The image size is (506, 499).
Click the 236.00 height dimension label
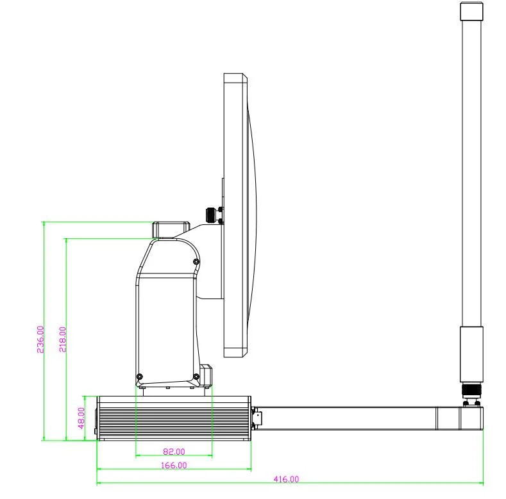(40, 339)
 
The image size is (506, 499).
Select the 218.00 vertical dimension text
(62, 339)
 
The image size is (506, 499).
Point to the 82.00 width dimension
(173, 452)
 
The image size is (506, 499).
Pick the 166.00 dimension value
(173, 466)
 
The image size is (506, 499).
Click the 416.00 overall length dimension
(287, 479)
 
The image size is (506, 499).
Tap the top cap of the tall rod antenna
(471, 12)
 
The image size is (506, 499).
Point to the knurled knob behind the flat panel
(210, 215)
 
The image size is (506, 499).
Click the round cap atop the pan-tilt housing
(169, 229)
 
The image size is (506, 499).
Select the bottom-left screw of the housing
(140, 376)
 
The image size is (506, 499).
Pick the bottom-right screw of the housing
(196, 376)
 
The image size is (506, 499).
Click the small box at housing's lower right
(206, 375)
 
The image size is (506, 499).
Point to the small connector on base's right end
(256, 418)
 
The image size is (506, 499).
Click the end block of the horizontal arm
(471, 418)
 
